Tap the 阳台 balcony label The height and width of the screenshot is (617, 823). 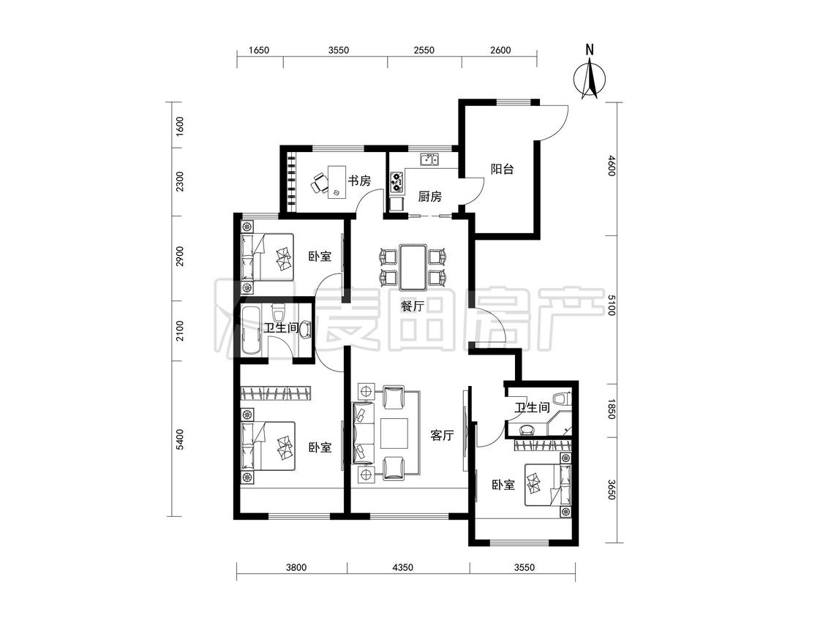502,169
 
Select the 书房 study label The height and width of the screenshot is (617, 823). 359,181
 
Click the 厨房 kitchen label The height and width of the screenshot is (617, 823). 430,197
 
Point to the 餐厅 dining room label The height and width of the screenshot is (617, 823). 413,306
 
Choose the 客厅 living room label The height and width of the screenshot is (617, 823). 442,435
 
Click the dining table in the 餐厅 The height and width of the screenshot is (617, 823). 413,267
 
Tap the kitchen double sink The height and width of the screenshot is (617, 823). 429,159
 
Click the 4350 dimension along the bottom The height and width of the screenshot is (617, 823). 402,567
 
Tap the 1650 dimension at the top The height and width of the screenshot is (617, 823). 259,50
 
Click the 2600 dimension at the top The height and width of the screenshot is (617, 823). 500,50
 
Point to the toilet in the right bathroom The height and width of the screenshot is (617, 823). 563,398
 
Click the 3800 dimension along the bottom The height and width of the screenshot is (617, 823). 296,567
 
